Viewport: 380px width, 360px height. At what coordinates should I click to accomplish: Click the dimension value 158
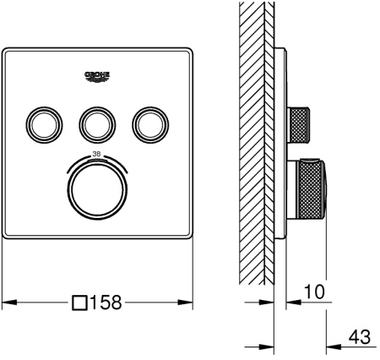point(106,302)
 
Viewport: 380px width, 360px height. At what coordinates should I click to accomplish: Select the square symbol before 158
point(79,302)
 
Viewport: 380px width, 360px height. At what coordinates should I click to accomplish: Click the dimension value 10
point(315,291)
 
